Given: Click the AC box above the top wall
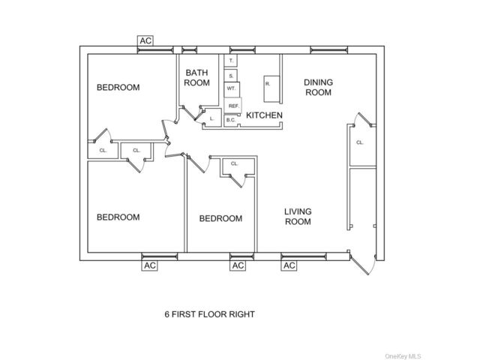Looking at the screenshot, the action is click(x=145, y=40).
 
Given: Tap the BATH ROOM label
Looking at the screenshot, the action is click(x=196, y=78).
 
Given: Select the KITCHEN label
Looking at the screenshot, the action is click(x=264, y=115).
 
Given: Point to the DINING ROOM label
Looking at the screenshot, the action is click(x=318, y=87).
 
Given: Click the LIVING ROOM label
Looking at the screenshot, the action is click(x=298, y=217).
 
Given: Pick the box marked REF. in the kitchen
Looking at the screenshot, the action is click(x=233, y=106).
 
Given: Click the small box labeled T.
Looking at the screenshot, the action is click(x=230, y=61).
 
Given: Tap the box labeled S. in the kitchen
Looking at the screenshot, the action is click(x=230, y=76).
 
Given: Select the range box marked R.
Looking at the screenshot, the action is click(x=271, y=89).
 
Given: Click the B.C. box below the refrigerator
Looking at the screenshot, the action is click(x=231, y=120).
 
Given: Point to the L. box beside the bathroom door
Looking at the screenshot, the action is click(x=212, y=118).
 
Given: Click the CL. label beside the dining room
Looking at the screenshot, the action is click(x=360, y=142).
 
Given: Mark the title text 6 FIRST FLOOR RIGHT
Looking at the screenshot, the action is click(x=210, y=314).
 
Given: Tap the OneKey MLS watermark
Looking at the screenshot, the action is click(x=403, y=356).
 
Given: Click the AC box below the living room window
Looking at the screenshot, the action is click(x=289, y=265).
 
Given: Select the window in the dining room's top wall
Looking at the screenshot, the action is click(x=329, y=50).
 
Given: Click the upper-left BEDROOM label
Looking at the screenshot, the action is click(x=118, y=88).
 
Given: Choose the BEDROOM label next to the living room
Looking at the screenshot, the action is click(x=220, y=218).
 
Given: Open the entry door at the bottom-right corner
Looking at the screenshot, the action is click(x=362, y=262).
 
